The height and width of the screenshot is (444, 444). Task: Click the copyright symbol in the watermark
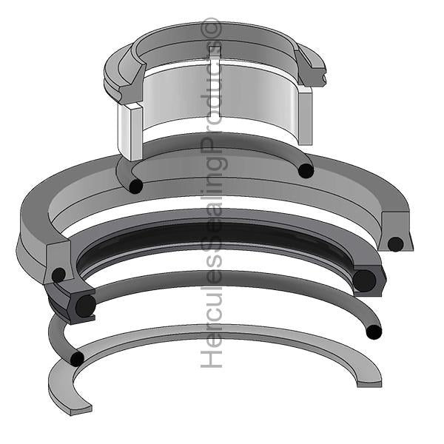(212, 28)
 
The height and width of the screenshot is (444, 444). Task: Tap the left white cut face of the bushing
(128, 133)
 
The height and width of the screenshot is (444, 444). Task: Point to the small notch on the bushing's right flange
(323, 75)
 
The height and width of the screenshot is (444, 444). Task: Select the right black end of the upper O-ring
(305, 171)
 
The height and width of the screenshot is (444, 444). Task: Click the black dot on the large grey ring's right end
(395, 243)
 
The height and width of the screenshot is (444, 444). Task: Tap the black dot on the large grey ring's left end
(58, 275)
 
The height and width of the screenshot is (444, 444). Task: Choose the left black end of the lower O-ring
(76, 358)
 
